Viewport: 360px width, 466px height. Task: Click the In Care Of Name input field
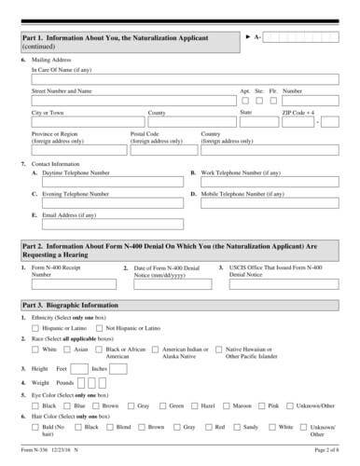tap(183, 79)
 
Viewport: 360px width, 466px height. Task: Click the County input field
tap(190, 122)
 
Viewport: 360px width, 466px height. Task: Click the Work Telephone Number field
tap(270, 183)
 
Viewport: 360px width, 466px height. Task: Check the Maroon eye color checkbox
tap(228, 406)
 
